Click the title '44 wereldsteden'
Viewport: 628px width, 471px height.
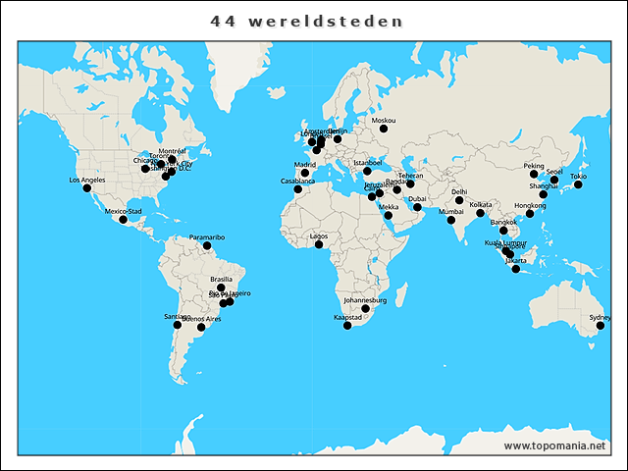307,21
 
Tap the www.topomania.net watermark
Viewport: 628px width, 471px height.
555,445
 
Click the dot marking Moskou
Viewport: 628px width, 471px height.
384,129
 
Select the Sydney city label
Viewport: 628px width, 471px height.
600,317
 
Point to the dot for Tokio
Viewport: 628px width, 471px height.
578,184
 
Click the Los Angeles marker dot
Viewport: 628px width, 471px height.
86,188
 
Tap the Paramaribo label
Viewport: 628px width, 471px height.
207,237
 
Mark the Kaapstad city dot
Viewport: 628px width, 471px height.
347,326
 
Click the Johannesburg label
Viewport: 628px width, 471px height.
366,300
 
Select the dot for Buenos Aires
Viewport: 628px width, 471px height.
201,328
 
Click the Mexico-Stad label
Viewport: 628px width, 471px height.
124,211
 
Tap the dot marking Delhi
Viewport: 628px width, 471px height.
459,200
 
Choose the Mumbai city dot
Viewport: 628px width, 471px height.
451,220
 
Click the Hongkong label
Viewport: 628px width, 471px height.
530,205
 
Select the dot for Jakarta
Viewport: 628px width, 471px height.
516,269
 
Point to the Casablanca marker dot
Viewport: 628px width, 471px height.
298,189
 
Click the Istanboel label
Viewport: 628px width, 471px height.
367,162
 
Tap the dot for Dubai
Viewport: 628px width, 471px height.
417,207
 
